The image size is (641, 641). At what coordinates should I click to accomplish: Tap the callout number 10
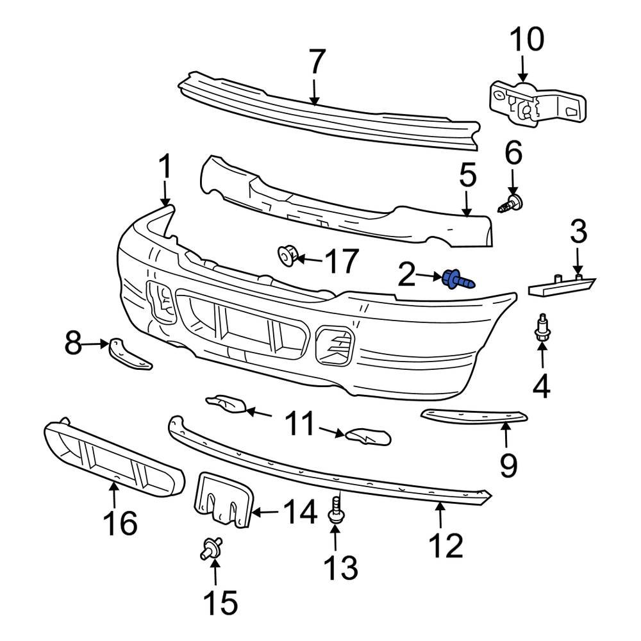pos(527,39)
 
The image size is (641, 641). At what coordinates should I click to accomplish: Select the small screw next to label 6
pos(512,204)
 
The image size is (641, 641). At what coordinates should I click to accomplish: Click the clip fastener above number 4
pos(542,328)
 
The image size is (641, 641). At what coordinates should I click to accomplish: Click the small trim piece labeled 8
pos(131,354)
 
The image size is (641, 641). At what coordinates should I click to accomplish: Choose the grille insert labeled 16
pos(112,458)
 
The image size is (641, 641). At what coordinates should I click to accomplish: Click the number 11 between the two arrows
pos(300,424)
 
